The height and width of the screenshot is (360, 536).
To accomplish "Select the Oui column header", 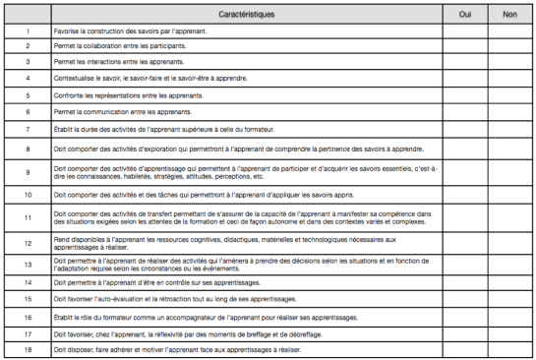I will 465,16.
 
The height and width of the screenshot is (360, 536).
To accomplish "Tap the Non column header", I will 509,16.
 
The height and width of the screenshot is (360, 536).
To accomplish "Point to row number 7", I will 28,130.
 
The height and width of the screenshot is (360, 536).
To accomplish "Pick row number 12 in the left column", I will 28,242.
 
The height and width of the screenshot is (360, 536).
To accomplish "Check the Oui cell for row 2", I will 465,46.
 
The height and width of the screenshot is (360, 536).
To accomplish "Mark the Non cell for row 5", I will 509,95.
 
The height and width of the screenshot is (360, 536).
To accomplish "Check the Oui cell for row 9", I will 465,172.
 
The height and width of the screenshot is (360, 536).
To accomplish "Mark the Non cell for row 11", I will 509,219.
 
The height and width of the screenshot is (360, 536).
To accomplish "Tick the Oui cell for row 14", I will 465,282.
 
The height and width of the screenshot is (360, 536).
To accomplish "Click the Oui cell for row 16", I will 465,317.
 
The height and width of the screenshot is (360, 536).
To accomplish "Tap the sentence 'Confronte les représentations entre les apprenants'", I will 127,95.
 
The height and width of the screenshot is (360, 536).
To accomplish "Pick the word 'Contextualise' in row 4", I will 74,78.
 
